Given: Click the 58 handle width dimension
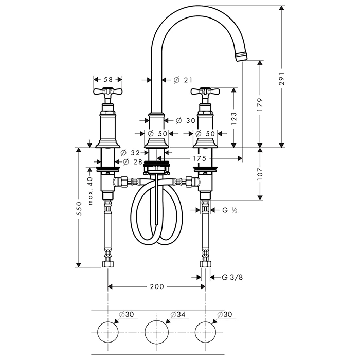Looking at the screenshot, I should point(108,80).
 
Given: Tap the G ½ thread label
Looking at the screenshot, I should point(229,210).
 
